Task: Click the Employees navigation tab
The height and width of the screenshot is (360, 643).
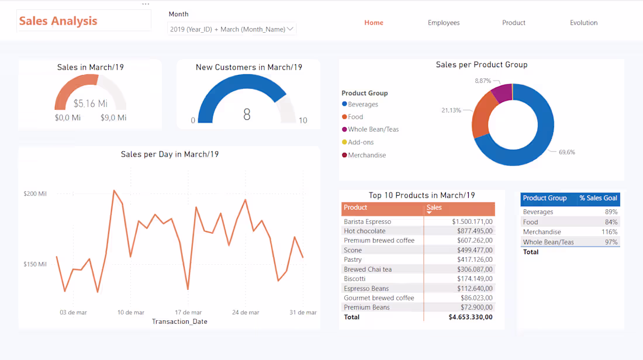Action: [444, 23]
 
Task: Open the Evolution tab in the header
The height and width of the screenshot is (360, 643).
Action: [583, 23]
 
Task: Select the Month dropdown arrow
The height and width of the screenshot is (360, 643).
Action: [291, 29]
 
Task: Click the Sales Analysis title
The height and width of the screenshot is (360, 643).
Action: [58, 21]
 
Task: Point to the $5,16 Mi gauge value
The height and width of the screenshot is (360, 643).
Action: [91, 103]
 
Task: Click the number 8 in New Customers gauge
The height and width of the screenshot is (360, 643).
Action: [247, 115]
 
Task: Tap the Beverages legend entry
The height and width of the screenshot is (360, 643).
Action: [362, 105]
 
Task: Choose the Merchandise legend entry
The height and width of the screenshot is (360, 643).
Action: [367, 155]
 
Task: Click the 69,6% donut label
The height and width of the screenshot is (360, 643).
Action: [566, 152]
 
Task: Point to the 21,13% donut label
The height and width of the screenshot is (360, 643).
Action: [451, 110]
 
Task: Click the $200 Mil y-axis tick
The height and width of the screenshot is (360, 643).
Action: [34, 193]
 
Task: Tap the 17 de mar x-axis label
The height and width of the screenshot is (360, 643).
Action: [188, 313]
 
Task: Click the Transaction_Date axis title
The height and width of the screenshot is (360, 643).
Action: [179, 321]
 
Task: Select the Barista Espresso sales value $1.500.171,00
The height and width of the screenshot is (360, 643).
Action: [472, 222]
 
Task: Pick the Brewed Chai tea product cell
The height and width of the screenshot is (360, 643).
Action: [368, 269]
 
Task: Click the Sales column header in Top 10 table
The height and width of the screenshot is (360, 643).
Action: [434, 207]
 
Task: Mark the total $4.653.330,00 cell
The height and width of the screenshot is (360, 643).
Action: [471, 317]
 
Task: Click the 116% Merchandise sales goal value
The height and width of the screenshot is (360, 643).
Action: [610, 232]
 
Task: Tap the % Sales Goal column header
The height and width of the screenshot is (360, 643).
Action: [598, 198]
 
